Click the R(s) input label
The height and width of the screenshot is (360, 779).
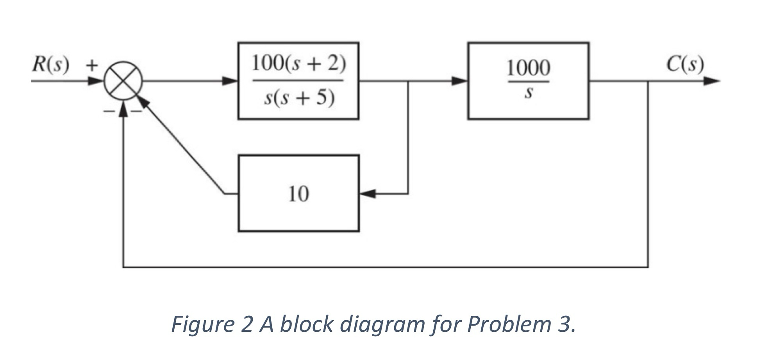click(x=50, y=65)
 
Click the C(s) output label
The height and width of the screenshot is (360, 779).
click(x=685, y=64)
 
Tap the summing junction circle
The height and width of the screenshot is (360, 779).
click(x=123, y=81)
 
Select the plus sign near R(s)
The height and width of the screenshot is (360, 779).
click(x=91, y=65)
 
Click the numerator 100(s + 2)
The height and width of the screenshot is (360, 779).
click(x=298, y=63)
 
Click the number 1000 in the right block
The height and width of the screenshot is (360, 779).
click(x=528, y=68)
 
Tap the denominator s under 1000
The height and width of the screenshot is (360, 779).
click(x=528, y=93)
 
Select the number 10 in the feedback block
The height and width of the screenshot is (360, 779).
click(x=298, y=193)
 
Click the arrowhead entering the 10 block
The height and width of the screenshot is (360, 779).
click(x=367, y=193)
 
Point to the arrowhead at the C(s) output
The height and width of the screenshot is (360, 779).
click(x=712, y=81)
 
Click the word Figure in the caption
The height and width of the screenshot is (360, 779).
click(x=201, y=324)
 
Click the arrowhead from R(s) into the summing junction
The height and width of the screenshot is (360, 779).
click(x=95, y=81)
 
